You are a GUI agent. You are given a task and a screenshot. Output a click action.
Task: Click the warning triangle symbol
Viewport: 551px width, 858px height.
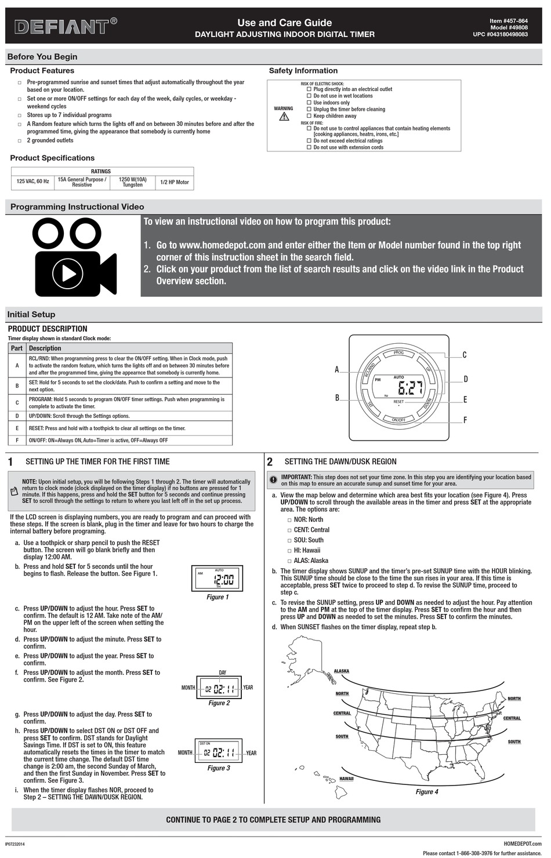tap(284, 117)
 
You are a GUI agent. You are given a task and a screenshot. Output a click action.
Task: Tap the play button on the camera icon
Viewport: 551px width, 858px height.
tap(68, 272)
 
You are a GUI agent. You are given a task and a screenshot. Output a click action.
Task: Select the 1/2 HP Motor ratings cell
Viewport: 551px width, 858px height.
tap(174, 182)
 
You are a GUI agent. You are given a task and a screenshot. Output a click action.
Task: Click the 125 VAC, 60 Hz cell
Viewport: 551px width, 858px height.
tap(32, 182)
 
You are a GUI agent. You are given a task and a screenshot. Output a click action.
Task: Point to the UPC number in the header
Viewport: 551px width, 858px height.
tap(500, 35)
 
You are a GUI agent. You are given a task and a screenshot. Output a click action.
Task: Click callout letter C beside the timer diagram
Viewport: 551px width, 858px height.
tap(464, 355)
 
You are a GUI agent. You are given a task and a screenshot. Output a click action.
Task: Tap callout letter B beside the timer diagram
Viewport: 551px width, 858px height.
tap(337, 398)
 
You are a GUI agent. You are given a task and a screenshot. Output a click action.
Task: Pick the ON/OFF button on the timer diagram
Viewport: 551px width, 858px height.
tap(398, 420)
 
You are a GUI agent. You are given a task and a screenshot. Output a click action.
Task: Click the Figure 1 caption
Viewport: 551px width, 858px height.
tap(218, 597)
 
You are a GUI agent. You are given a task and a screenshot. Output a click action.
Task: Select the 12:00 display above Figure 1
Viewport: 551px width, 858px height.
tap(224, 580)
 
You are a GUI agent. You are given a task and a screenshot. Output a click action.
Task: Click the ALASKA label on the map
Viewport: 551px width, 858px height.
tap(342, 671)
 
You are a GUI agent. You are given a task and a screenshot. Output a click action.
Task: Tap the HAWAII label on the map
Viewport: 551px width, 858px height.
tap(346, 779)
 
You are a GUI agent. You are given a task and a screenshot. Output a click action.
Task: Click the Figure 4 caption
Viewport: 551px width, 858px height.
tap(427, 792)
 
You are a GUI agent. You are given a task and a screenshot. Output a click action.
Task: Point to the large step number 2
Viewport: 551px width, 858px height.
tap(270, 462)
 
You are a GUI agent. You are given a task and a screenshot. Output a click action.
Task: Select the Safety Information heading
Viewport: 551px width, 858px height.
tap(303, 71)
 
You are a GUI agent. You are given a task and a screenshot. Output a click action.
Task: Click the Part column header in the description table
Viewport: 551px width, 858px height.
tap(17, 348)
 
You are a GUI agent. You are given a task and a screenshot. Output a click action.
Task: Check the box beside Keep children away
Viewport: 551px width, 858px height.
tap(309, 116)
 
